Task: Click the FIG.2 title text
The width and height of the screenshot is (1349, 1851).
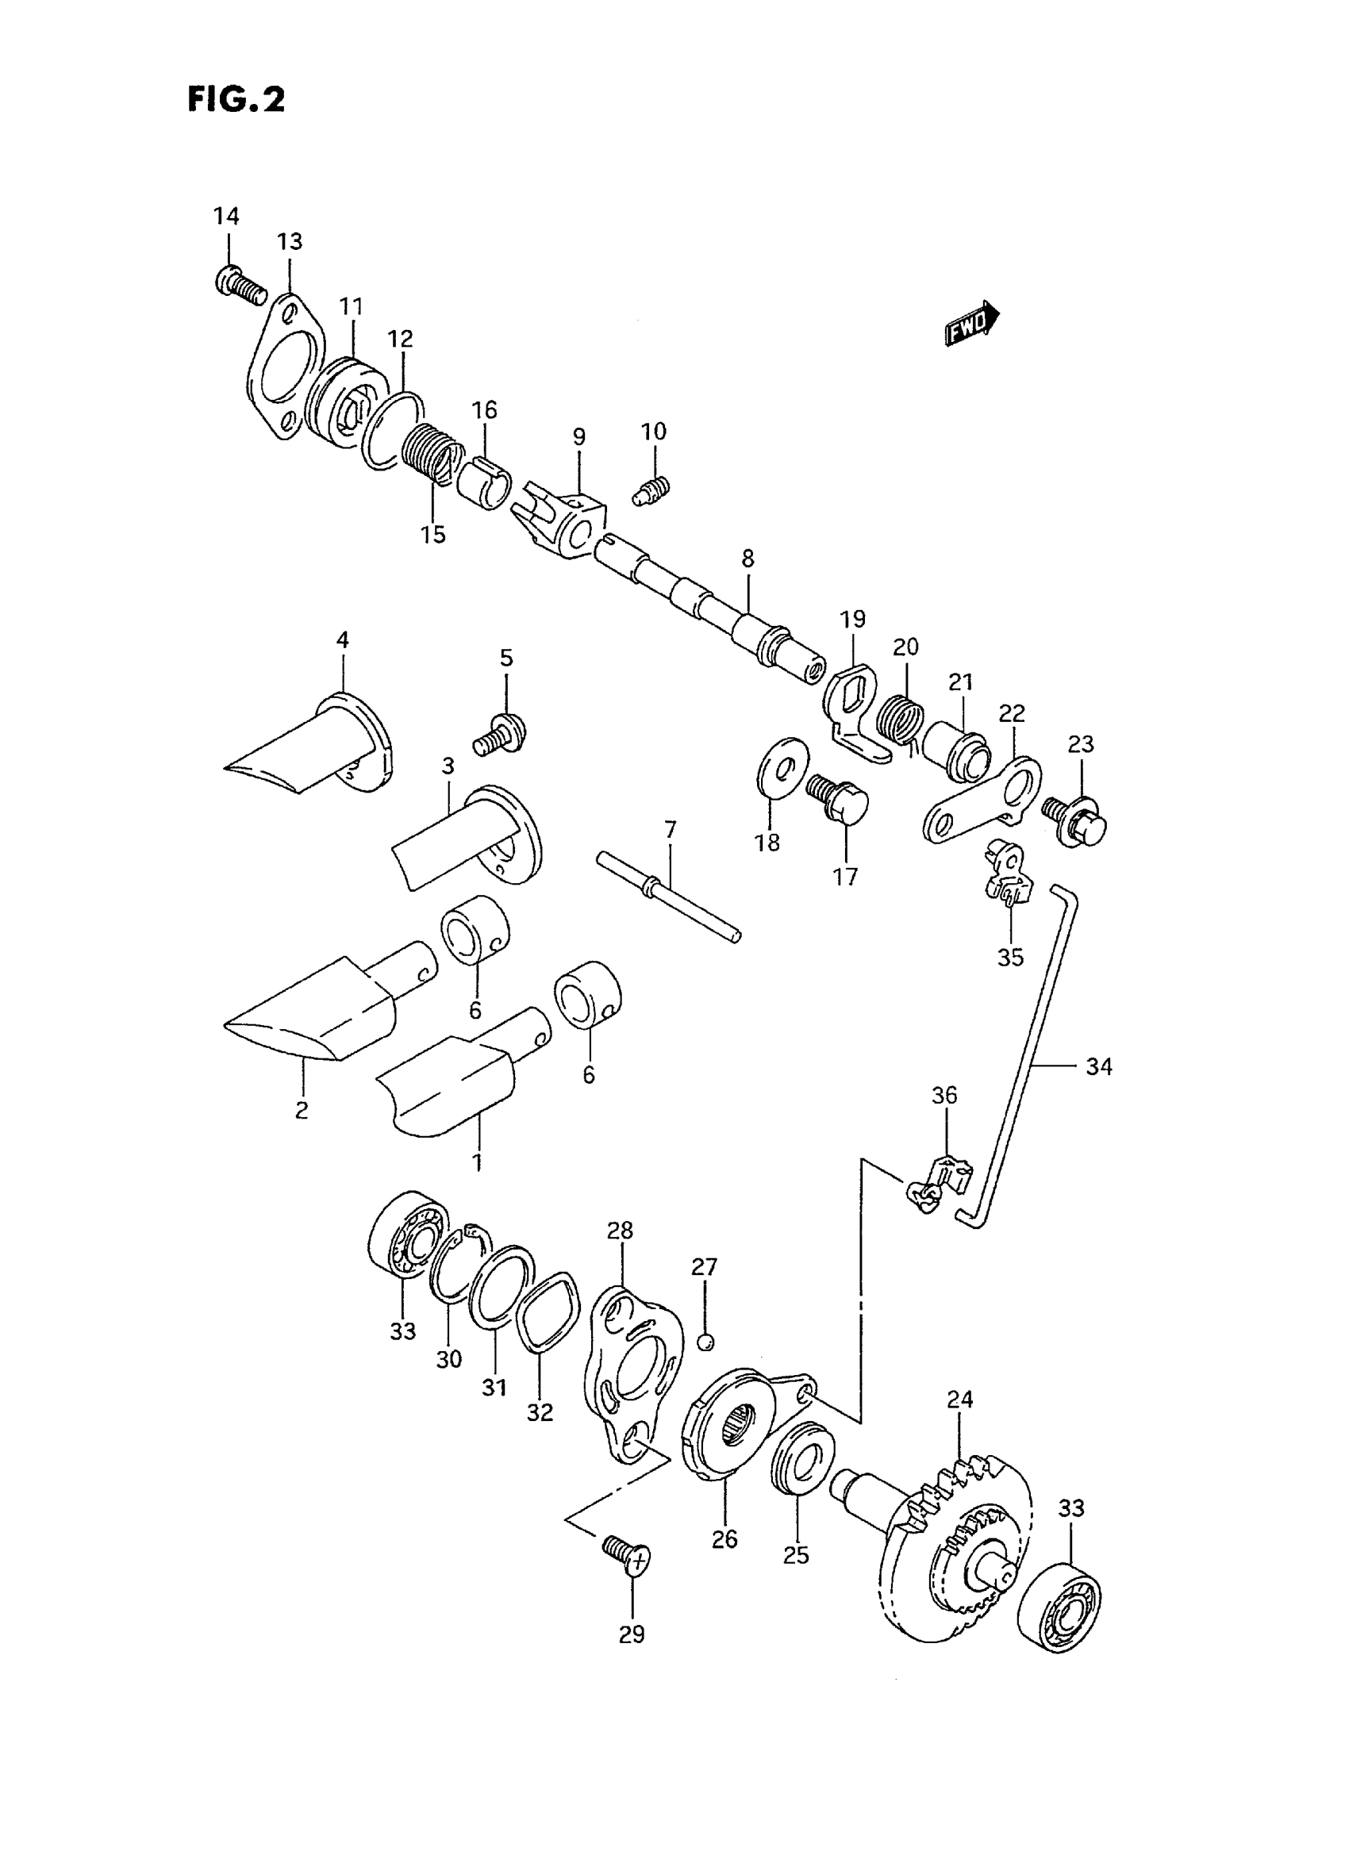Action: (236, 101)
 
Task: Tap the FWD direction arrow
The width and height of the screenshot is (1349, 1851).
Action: (973, 325)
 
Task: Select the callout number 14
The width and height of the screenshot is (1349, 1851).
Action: (226, 217)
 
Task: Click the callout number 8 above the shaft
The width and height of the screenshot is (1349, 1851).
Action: (748, 559)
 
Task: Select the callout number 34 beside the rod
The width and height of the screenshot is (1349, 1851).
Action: (1098, 1066)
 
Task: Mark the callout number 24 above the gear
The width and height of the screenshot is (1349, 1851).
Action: (959, 1400)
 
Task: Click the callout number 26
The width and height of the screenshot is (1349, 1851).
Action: (724, 1539)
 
